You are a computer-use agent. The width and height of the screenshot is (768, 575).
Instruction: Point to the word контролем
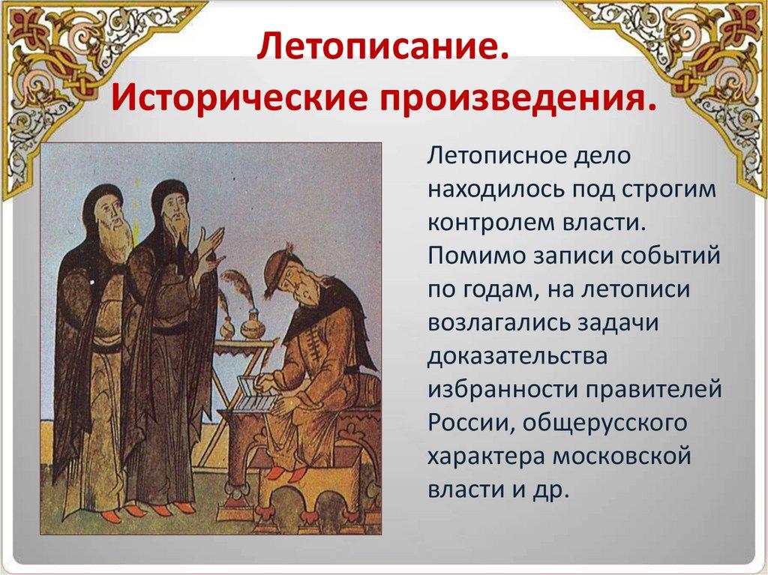489,223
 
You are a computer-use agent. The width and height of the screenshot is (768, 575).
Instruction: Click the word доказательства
517,357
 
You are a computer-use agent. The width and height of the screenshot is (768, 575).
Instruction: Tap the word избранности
502,390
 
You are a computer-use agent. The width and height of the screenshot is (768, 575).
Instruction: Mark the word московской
622,457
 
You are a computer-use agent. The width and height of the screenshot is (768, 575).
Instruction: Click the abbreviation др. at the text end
550,490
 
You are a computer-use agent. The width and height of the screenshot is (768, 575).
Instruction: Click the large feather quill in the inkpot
240,290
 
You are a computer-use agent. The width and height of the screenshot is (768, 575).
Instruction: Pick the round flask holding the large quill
252,324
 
